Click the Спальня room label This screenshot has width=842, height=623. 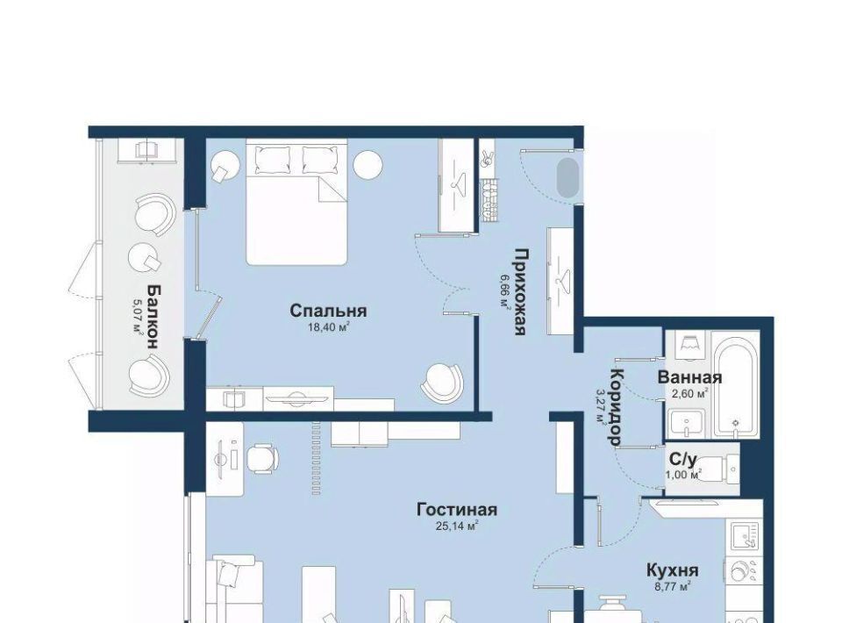328,311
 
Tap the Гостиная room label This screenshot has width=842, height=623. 457,509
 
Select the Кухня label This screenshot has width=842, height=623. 673,569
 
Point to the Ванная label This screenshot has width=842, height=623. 689,377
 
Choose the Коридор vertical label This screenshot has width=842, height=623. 617,407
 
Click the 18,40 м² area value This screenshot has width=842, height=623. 328,326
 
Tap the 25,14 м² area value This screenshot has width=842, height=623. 457,526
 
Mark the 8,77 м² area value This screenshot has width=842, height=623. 673,586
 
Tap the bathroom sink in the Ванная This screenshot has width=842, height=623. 686,425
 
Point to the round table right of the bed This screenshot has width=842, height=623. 367,165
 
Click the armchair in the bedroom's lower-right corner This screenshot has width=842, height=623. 441,382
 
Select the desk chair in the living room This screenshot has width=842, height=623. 262,459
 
